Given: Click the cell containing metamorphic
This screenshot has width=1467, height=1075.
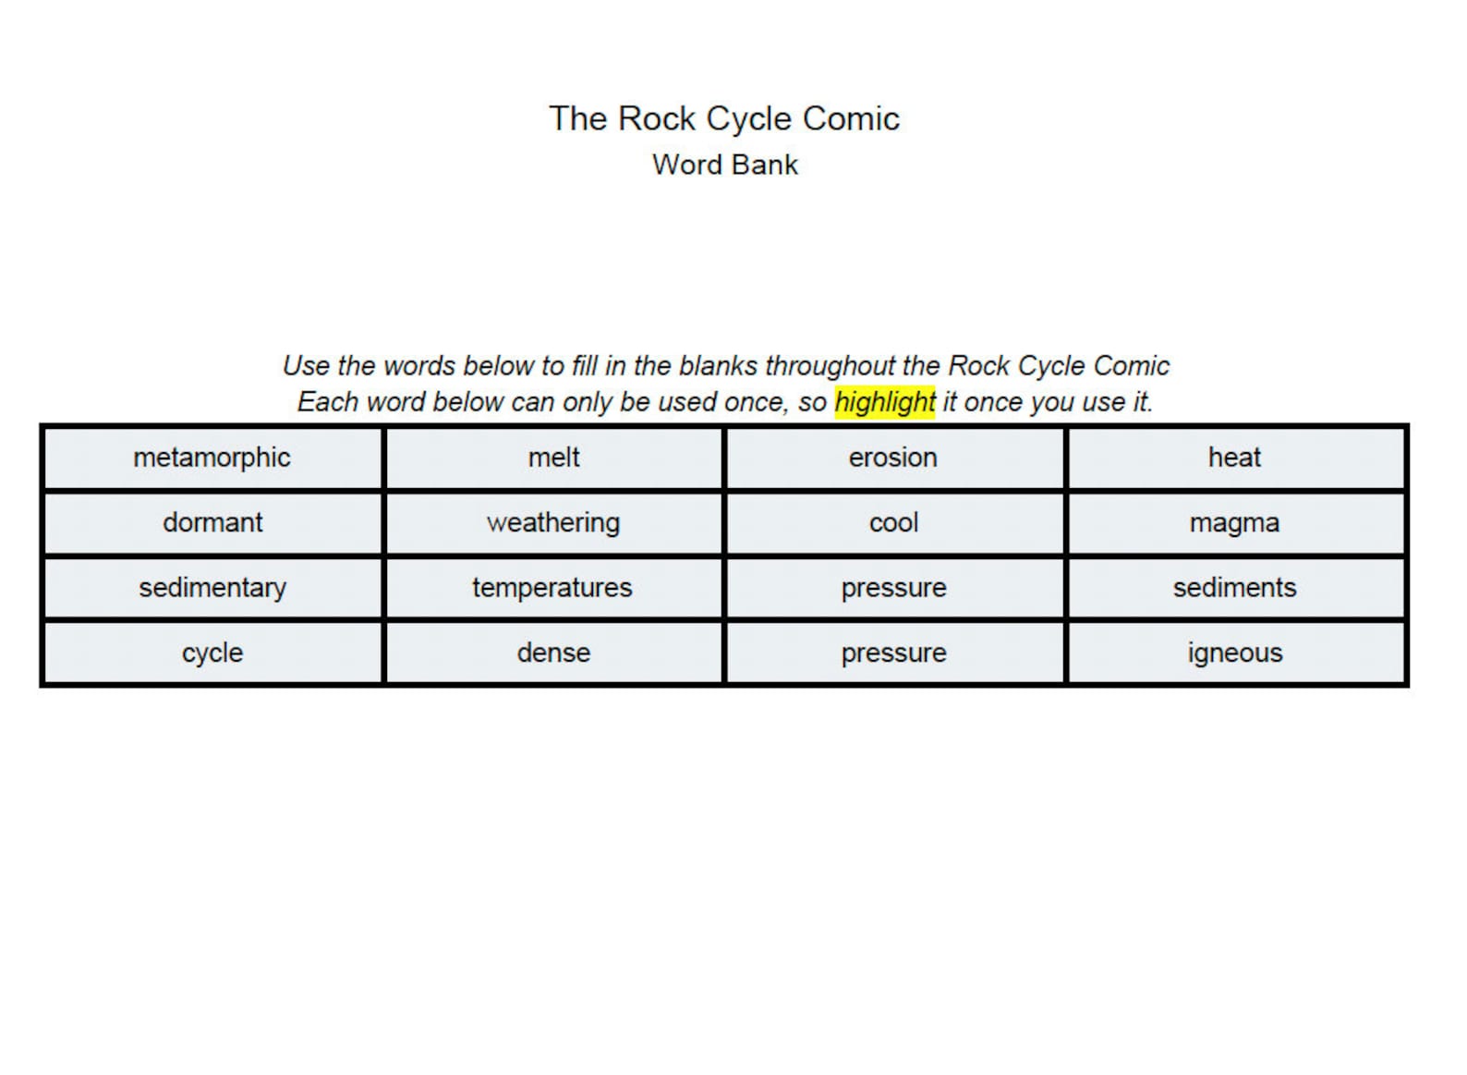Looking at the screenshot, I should pos(212,458).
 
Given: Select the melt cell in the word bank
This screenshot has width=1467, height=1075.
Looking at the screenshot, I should pos(553,458).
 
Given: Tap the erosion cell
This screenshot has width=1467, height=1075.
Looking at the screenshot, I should pos(893,458).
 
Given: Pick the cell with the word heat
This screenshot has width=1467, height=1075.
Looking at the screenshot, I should pos(1234,458).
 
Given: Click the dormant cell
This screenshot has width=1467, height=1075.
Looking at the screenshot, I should pos(212,522).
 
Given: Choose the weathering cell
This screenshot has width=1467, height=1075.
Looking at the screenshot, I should pos(553,522).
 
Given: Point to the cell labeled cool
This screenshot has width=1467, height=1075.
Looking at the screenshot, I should pos(893,522).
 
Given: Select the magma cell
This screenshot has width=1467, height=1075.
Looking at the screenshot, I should pos(1234,522).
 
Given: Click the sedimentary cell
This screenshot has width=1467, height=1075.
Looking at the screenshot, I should pos(212,588).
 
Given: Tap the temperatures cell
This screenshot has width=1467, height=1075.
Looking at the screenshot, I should pos(553,588).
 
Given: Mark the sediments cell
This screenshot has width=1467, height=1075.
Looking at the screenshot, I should pos(1234,588).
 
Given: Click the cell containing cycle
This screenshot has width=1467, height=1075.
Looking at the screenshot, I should pos(212,653).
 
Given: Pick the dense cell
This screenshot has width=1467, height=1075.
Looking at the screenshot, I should pos(553,653).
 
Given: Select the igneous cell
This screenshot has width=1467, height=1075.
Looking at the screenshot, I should pos(1234,653).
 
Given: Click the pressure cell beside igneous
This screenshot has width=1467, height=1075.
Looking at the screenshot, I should pos(893,653).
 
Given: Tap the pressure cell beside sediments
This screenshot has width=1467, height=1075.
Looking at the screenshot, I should pos(893,588).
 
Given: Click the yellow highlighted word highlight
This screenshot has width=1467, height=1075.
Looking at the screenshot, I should pos(884,402).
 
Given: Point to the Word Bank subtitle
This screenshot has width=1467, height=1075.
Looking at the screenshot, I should pos(725,165).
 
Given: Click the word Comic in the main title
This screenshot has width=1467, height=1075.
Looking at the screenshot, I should pos(851,118).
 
